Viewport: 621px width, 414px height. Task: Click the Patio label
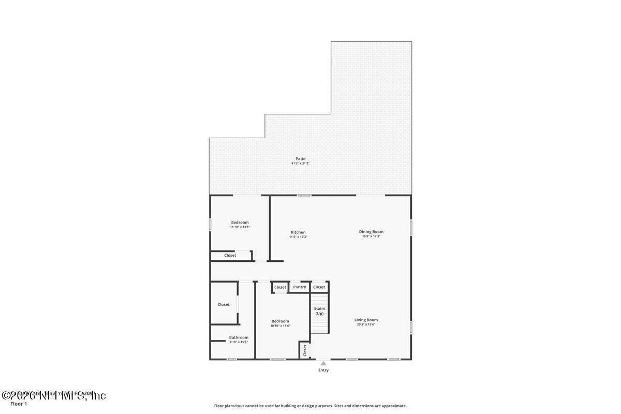click(x=300, y=159)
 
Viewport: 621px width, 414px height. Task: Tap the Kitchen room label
click(x=298, y=232)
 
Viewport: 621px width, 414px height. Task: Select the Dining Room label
click(x=371, y=232)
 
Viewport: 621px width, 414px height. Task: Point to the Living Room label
click(x=366, y=320)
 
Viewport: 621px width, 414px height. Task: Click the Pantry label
click(x=300, y=287)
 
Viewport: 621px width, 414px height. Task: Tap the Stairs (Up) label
click(x=319, y=311)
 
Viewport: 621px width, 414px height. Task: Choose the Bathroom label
click(x=239, y=337)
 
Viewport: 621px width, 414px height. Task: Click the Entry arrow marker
click(x=323, y=363)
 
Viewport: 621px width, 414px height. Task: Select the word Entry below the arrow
click(x=323, y=370)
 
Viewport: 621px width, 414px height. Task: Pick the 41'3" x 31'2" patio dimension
click(x=300, y=164)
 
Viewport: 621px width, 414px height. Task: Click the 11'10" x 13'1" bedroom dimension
click(x=240, y=227)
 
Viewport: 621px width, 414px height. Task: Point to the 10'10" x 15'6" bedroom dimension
click(x=280, y=326)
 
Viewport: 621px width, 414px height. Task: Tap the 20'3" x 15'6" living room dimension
click(x=366, y=324)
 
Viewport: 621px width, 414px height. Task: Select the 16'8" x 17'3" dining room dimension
click(x=371, y=236)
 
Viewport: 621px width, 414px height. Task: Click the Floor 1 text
click(x=19, y=404)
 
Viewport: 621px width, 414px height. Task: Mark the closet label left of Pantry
click(x=280, y=287)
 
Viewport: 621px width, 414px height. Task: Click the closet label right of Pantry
click(x=319, y=287)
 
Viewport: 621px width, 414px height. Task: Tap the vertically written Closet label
click(x=305, y=350)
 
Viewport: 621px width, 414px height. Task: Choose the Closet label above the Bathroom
click(x=224, y=304)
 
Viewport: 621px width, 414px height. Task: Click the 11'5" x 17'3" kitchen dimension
click(x=298, y=237)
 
